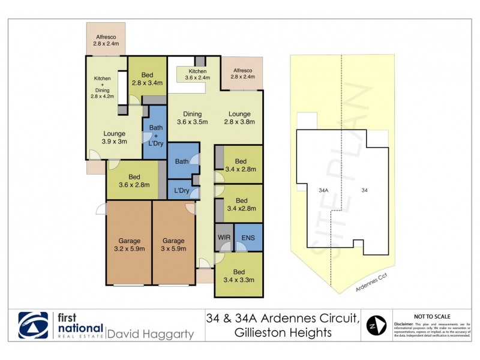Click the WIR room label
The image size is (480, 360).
pyautogui.click(x=223, y=238)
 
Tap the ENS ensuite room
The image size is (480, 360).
pyautogui.click(x=248, y=238)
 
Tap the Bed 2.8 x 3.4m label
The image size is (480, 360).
pyautogui.click(x=147, y=79)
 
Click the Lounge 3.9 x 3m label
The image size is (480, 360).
pyautogui.click(x=114, y=137)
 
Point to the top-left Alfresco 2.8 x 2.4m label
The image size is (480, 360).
pyautogui.click(x=106, y=40)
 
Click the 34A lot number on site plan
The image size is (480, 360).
pyautogui.click(x=323, y=190)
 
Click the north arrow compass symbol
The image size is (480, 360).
pyautogui.click(x=376, y=326)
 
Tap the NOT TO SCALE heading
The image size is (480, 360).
pyautogui.click(x=433, y=316)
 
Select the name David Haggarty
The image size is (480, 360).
pyautogui.click(x=150, y=334)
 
